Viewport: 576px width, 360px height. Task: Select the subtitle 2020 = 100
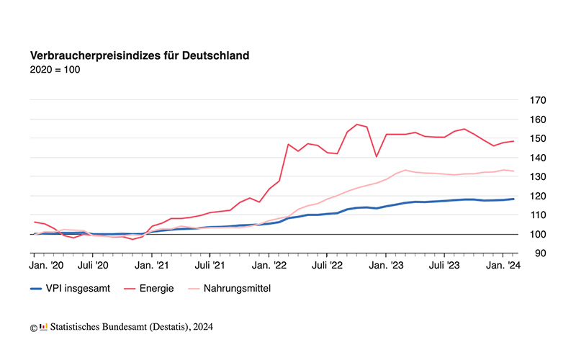(x=55, y=70)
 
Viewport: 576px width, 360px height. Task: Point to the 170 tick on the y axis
(x=536, y=100)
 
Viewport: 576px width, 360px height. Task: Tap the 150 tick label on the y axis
(x=536, y=138)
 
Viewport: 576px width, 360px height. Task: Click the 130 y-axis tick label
(x=536, y=177)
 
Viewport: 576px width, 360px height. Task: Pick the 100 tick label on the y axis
(x=536, y=235)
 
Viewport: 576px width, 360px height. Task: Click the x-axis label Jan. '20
(x=47, y=266)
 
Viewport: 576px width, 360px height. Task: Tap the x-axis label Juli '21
(x=210, y=266)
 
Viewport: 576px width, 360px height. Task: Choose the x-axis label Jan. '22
(x=269, y=266)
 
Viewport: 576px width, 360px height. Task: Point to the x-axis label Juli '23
(x=444, y=266)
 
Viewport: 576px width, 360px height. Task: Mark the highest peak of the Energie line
(x=356, y=125)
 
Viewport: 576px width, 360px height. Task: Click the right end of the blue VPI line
(x=513, y=199)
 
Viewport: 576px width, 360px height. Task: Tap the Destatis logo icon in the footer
(x=43, y=328)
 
